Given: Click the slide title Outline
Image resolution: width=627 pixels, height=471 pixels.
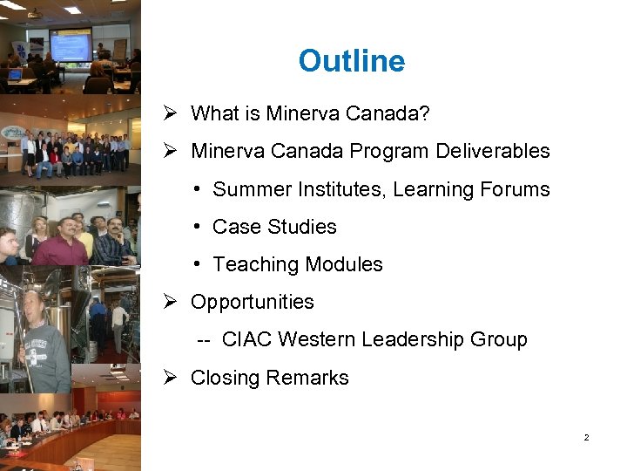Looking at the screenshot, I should click(x=351, y=61).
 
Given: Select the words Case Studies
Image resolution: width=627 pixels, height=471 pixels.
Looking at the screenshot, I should click(x=274, y=227).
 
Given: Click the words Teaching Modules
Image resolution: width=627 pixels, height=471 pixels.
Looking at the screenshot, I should click(x=298, y=264).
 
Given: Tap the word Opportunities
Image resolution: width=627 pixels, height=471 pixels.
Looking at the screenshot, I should click(x=252, y=302).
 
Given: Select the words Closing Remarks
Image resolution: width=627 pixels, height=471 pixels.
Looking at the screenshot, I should click(x=269, y=378).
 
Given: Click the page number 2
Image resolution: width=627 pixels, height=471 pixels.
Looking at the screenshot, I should click(x=586, y=437).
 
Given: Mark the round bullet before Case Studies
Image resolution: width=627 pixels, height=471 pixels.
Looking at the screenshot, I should click(x=199, y=227).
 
